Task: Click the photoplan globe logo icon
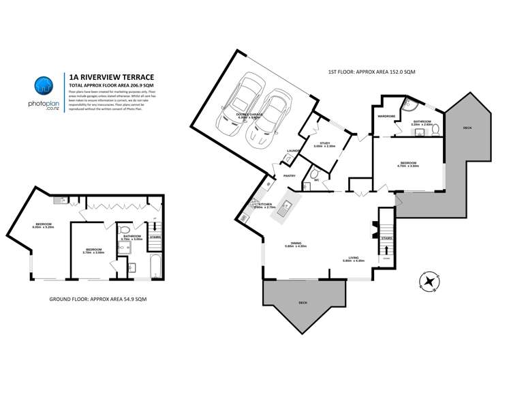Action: (x=44, y=85)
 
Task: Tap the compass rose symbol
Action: (x=429, y=280)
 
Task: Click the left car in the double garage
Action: (x=239, y=110)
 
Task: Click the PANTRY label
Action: (x=289, y=175)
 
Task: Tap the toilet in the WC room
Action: (x=313, y=176)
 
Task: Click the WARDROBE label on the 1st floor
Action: (x=386, y=116)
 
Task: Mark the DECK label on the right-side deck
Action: (x=467, y=128)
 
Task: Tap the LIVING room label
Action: (x=351, y=258)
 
